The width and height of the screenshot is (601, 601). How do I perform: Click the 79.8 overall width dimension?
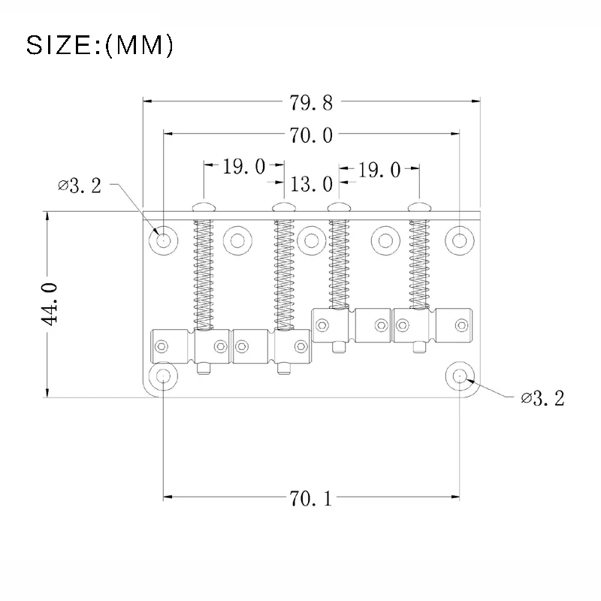point(311,103)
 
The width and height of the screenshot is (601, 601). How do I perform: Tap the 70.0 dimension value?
point(311,135)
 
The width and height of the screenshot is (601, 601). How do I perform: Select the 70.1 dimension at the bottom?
point(310,499)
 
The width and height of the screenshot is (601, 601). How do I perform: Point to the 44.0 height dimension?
point(50,305)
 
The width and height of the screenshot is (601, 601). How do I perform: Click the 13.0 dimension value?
point(311,184)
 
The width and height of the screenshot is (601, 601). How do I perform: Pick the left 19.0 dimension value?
point(244,167)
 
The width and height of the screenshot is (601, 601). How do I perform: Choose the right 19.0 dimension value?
point(379,170)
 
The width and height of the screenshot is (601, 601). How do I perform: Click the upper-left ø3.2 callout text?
point(80,186)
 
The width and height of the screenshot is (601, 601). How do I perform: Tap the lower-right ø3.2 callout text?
point(542,399)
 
